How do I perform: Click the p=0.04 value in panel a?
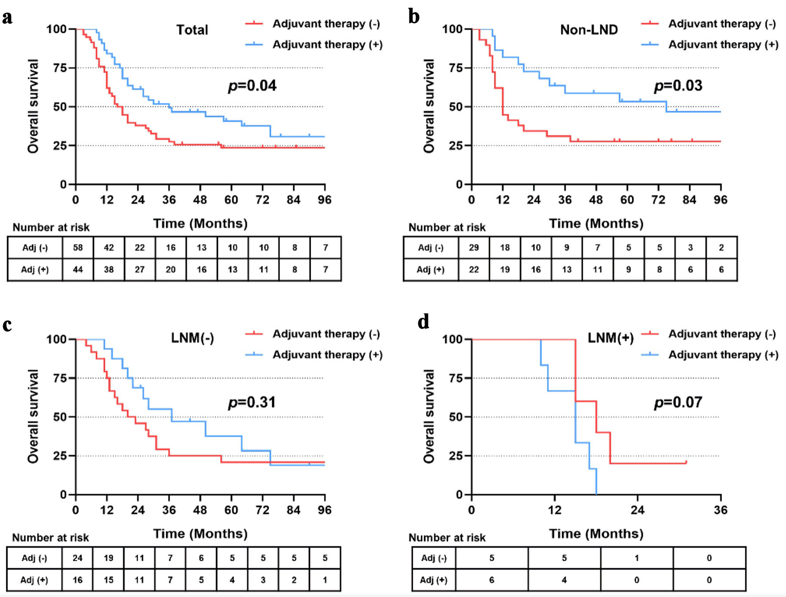[x=252, y=86]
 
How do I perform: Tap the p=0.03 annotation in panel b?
[x=678, y=86]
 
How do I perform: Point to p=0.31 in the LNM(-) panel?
[x=252, y=402]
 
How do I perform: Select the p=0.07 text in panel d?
[x=678, y=402]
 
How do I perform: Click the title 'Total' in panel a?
[x=192, y=30]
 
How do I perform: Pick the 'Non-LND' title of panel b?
[x=589, y=30]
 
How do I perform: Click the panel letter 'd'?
[x=423, y=322]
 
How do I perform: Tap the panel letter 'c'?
[x=7, y=325]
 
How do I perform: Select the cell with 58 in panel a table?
[x=78, y=247]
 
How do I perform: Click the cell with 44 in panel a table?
[x=78, y=269]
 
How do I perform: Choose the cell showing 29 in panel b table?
[x=474, y=247]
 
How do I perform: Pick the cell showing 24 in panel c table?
[x=78, y=558]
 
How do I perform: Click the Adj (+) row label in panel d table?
[x=433, y=580]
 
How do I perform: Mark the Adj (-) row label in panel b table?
[x=431, y=247]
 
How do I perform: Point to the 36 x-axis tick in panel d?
[x=720, y=510]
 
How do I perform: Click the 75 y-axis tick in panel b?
[x=456, y=68]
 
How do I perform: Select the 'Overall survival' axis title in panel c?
[x=33, y=416]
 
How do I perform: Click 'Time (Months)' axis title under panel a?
[x=200, y=224]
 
